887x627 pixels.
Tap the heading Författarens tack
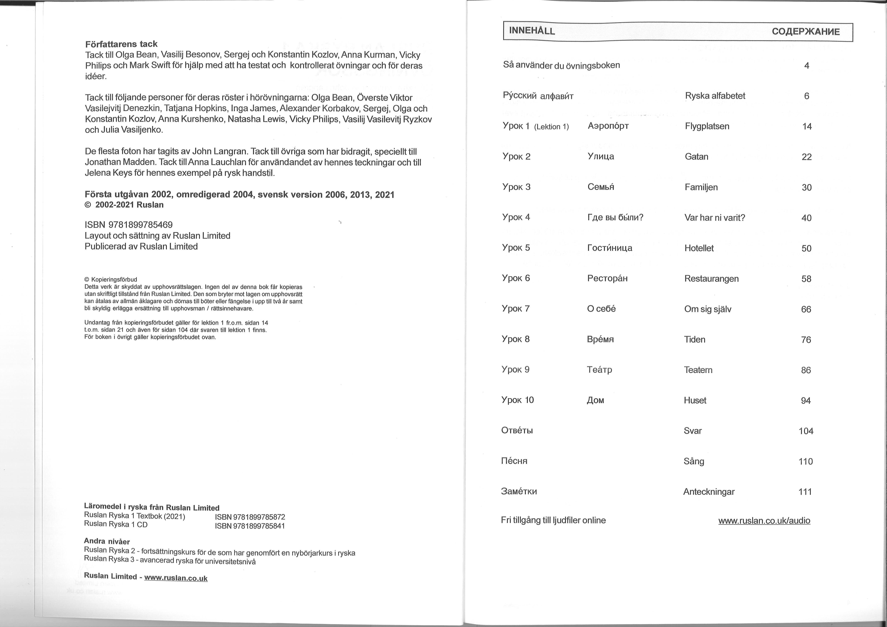click(121, 44)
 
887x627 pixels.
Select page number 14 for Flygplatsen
click(807, 126)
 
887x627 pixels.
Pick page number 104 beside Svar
click(806, 431)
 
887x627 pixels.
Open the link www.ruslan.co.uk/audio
click(764, 520)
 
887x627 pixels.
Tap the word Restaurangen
click(711, 279)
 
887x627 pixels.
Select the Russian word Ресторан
click(607, 278)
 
